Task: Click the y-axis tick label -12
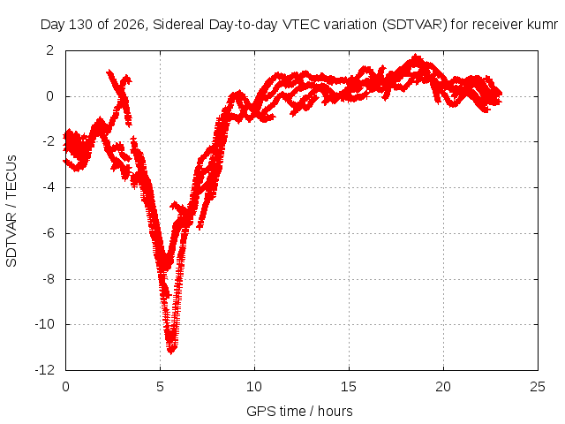pyautogui.click(x=45, y=370)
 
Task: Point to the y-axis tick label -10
pyautogui.click(x=45, y=324)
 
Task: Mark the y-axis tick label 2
pyautogui.click(x=50, y=50)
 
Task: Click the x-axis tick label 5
pyautogui.click(x=160, y=387)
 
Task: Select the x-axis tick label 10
pyautogui.click(x=254, y=387)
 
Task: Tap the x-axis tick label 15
pyautogui.click(x=349, y=387)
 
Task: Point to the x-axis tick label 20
pyautogui.click(x=443, y=387)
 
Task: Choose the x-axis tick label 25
pyautogui.click(x=538, y=387)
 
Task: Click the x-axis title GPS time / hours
pyautogui.click(x=299, y=412)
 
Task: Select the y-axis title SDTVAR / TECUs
pyautogui.click(x=11, y=211)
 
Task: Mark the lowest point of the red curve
pyautogui.click(x=170, y=352)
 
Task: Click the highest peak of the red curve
pyautogui.click(x=417, y=57)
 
